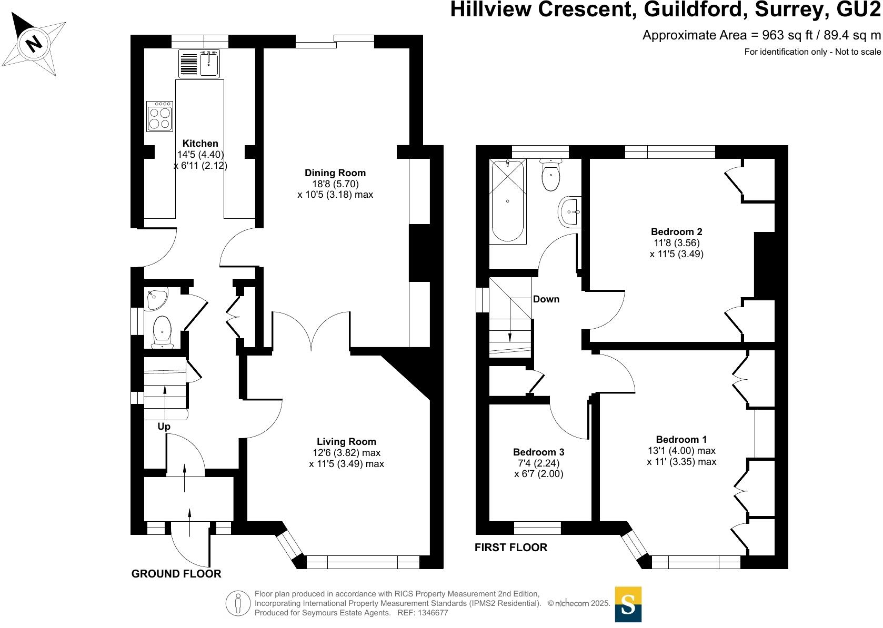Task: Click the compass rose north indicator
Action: coord(34,43)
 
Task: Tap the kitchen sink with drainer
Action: coord(199,64)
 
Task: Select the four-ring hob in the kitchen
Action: coord(160,116)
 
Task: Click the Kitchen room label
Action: coord(200,144)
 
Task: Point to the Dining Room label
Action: coord(335,173)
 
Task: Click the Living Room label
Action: coord(346,442)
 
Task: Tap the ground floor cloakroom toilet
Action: coord(162,331)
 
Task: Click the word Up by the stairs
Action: coord(164,427)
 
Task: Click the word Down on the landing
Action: coord(546,299)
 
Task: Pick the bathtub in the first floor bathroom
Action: coord(507,201)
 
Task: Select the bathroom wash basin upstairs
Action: coord(569,212)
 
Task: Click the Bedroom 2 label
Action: coord(676,232)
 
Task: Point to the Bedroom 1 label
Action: coord(681,440)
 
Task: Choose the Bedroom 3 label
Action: coord(538,452)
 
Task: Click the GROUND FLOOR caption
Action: coord(176,574)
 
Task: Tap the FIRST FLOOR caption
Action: coord(511,548)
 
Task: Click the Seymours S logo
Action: coord(628,604)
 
